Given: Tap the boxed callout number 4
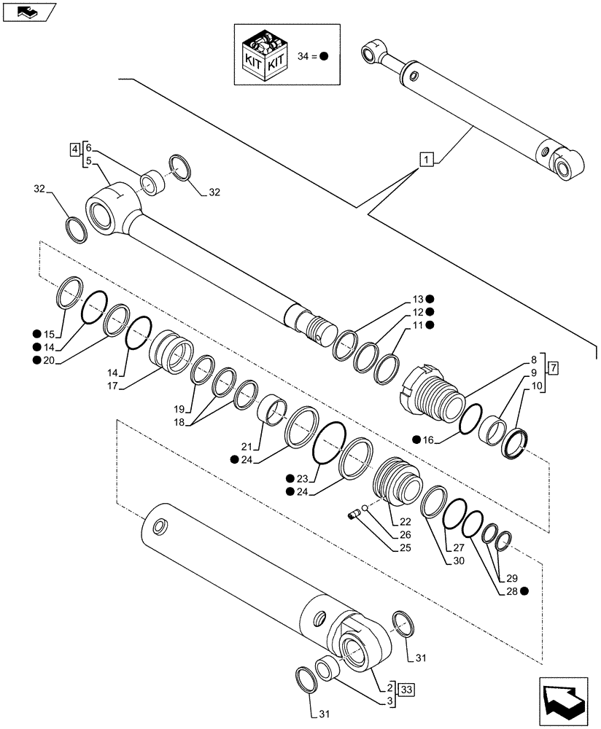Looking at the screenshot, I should coord(74,150).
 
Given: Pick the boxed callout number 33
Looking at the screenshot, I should coord(406,687).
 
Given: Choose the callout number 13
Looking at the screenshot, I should coord(417,299).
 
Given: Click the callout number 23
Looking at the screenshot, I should coord(302,479).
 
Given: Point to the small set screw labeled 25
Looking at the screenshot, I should coord(355,516).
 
